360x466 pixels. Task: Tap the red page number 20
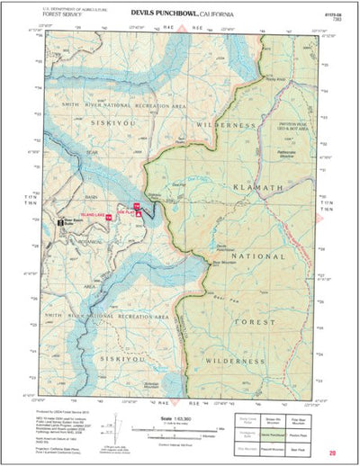pos(332,453)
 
